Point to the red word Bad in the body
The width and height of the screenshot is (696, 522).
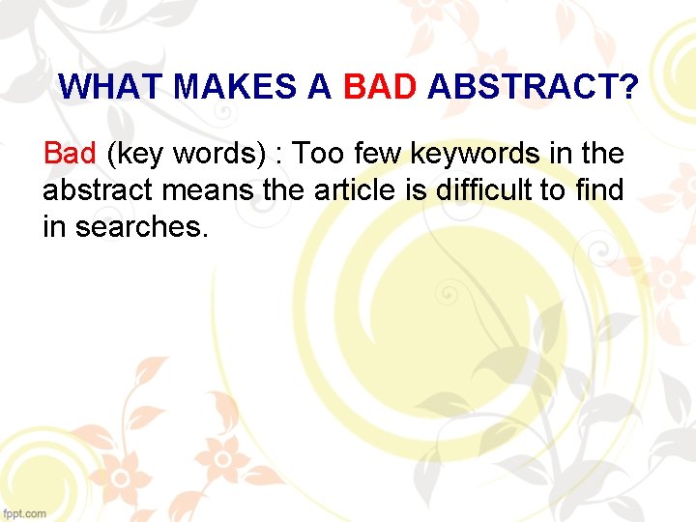(70, 153)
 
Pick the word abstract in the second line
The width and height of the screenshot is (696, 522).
(98, 190)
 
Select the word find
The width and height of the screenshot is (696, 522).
(598, 190)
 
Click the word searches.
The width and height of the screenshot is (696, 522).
(141, 228)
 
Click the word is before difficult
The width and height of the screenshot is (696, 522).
(418, 190)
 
